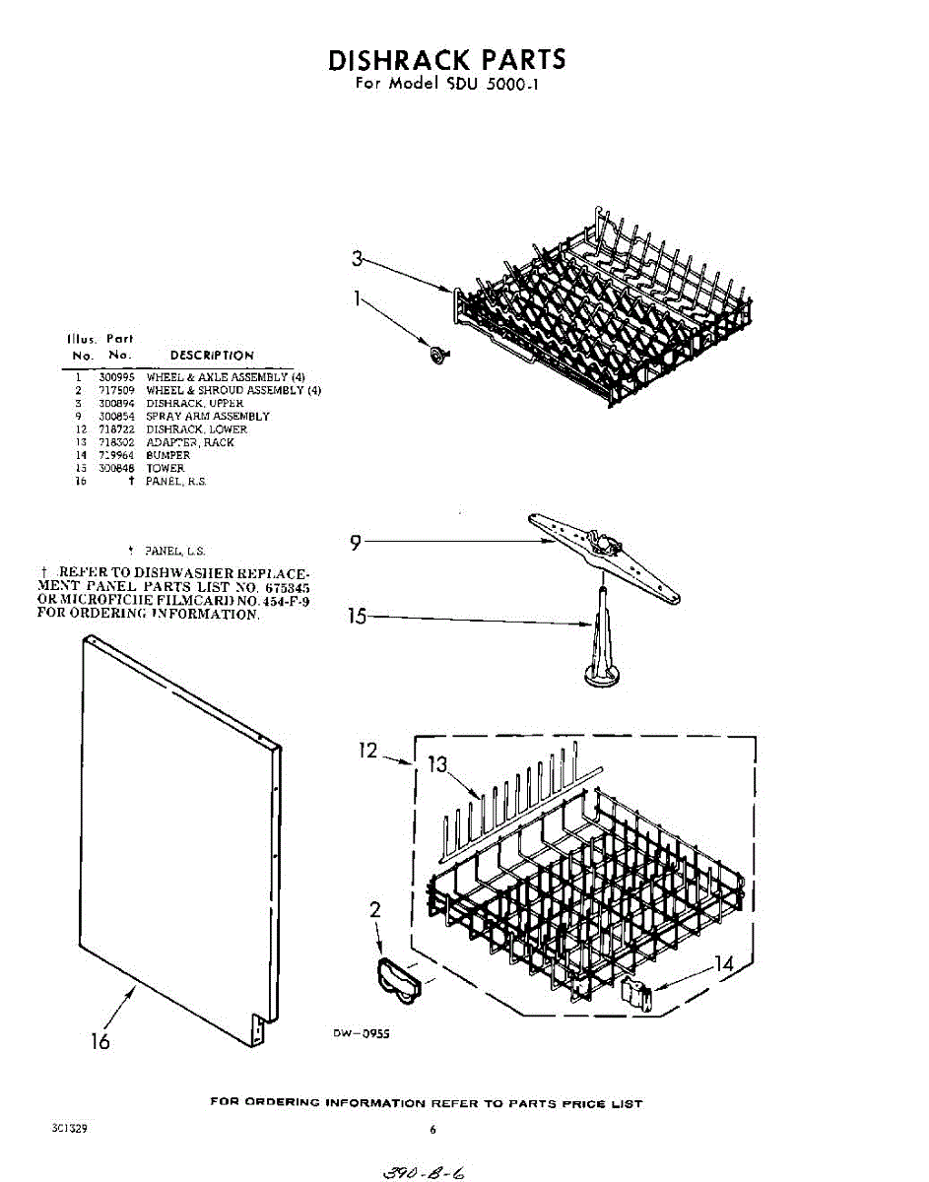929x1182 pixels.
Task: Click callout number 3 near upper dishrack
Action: pos(358,259)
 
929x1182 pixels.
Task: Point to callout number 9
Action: pos(357,541)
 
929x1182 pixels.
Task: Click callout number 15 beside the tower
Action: pos(358,617)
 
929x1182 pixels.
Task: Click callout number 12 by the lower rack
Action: pos(367,751)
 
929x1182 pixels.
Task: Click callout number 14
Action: pos(724,963)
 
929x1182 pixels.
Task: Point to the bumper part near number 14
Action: pos(636,994)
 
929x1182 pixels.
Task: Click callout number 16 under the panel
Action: pos(100,1041)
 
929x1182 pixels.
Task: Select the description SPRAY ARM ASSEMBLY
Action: pos(208,417)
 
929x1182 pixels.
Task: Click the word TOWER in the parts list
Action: pos(166,469)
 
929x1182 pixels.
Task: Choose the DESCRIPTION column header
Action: pos(212,355)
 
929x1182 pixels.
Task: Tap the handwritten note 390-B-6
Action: pos(415,1172)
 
